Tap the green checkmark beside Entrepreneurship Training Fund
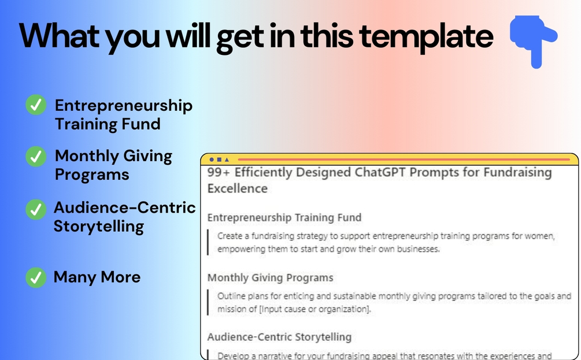pos(36,105)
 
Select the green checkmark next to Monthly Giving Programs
pos(36,156)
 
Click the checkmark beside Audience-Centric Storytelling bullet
pos(36,210)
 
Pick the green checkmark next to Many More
pos(36,277)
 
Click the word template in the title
pos(426,38)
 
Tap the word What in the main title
pos(59,36)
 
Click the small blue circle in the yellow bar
pos(212,159)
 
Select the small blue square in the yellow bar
pos(219,159)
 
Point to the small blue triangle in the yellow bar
pos(227,159)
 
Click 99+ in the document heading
pos(219,172)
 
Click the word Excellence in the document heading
pos(238,188)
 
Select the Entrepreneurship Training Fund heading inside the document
pos(284,217)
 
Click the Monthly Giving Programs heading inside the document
pos(270,278)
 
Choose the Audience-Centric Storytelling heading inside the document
pos(279,337)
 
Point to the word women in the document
pos(542,236)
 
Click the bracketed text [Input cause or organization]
pos(315,309)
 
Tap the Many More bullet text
pos(97,277)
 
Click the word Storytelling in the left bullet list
pos(98,227)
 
